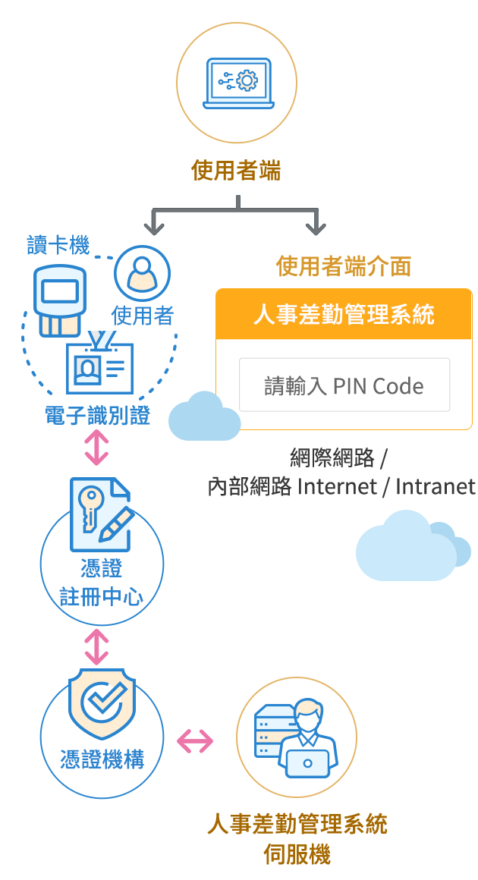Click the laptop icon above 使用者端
point(236,82)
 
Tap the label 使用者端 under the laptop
point(236,171)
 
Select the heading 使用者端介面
point(344,266)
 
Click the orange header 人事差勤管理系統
point(344,314)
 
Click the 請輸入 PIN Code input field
point(344,385)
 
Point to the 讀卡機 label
point(58,244)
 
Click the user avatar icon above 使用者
point(142,274)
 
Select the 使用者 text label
point(141,315)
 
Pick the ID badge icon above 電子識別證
point(99,367)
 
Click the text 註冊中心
point(102,596)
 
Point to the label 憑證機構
point(102,759)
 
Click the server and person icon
point(295,736)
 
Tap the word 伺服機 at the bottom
point(297,855)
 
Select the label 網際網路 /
point(339,458)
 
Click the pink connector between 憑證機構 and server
point(197,740)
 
